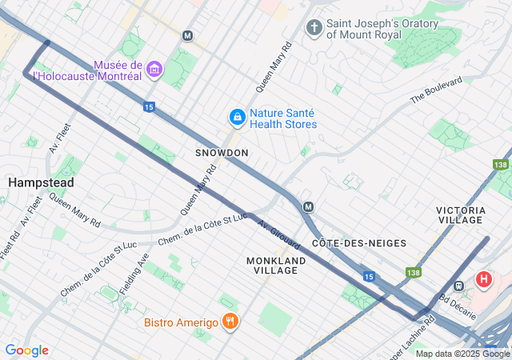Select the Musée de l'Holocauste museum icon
pyautogui.click(x=154, y=70)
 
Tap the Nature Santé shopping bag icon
pyautogui.click(x=237, y=118)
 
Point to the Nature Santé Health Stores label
pyautogui.click(x=283, y=118)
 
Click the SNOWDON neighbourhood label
pyautogui.click(x=222, y=152)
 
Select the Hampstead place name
pyautogui.click(x=41, y=182)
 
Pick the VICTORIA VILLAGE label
pyautogui.click(x=460, y=214)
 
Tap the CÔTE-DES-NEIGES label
pyautogui.click(x=359, y=242)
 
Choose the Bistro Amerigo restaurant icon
pyautogui.click(x=230, y=322)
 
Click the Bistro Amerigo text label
pyautogui.click(x=182, y=322)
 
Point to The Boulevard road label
pyautogui.click(x=436, y=90)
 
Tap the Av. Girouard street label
pyautogui.click(x=278, y=234)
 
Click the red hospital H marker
pyautogui.click(x=484, y=281)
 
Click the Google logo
pyautogui.click(x=26, y=350)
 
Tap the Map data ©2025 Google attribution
pyautogui.click(x=462, y=354)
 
